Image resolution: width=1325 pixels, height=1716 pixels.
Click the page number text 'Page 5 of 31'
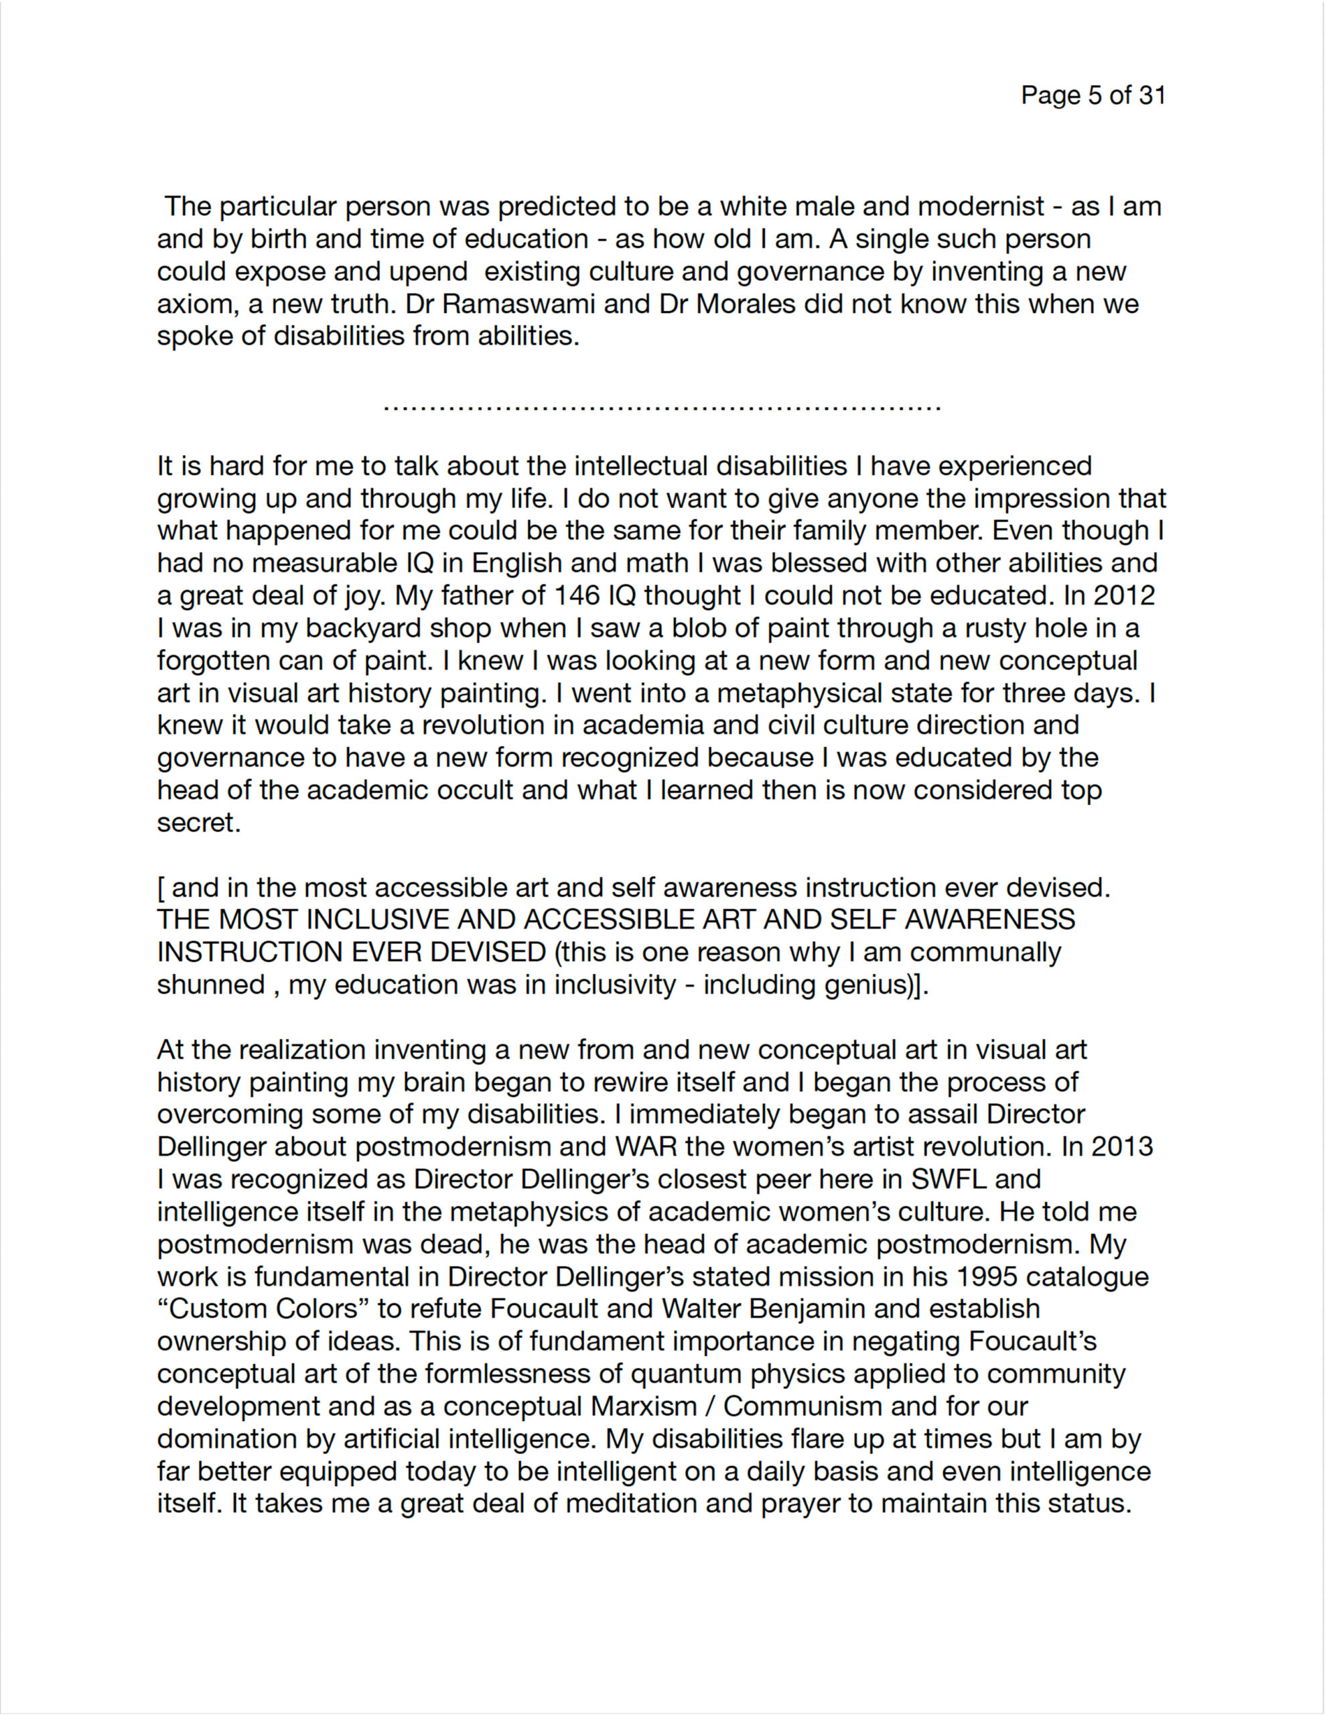pos(1093,95)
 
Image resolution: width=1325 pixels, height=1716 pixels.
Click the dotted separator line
pos(662,408)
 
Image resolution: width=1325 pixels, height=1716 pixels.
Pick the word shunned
pos(210,985)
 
